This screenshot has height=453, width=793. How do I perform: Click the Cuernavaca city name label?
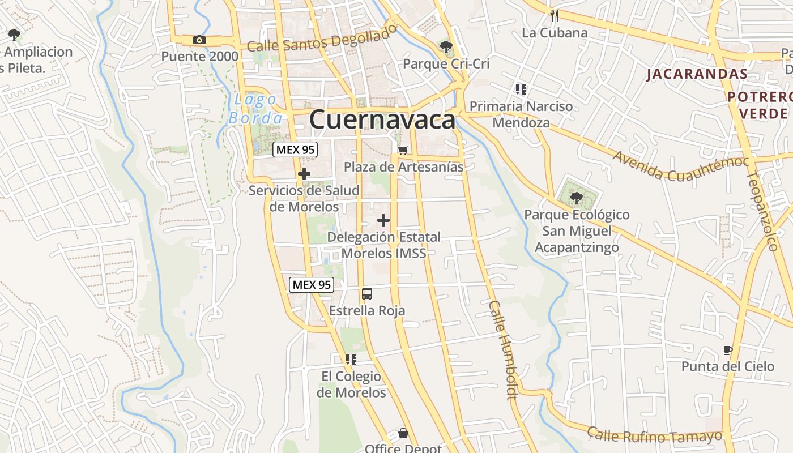[x=382, y=120]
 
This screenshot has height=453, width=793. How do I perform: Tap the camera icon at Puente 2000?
[x=199, y=40]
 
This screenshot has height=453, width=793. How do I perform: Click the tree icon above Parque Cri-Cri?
[x=446, y=46]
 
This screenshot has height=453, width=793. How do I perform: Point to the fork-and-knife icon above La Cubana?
[x=555, y=16]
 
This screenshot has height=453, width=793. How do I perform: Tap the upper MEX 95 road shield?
[x=295, y=150]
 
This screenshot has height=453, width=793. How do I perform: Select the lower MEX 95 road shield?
[x=311, y=285]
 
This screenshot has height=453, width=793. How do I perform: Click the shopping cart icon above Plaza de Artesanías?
[x=403, y=150]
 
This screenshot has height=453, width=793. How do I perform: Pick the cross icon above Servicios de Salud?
[x=304, y=174]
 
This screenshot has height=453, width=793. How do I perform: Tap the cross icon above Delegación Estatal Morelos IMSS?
[x=383, y=220]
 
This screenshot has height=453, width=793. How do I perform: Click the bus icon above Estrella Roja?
[x=367, y=294]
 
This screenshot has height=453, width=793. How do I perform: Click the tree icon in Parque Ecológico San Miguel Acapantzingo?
[x=577, y=198]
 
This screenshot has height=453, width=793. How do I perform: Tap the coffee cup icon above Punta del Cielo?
[x=728, y=350]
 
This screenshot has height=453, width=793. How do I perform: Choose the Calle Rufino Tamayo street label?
[x=655, y=435]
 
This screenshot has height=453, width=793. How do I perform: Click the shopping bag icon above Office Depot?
[x=403, y=434]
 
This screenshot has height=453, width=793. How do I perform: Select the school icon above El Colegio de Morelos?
[x=351, y=359]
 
